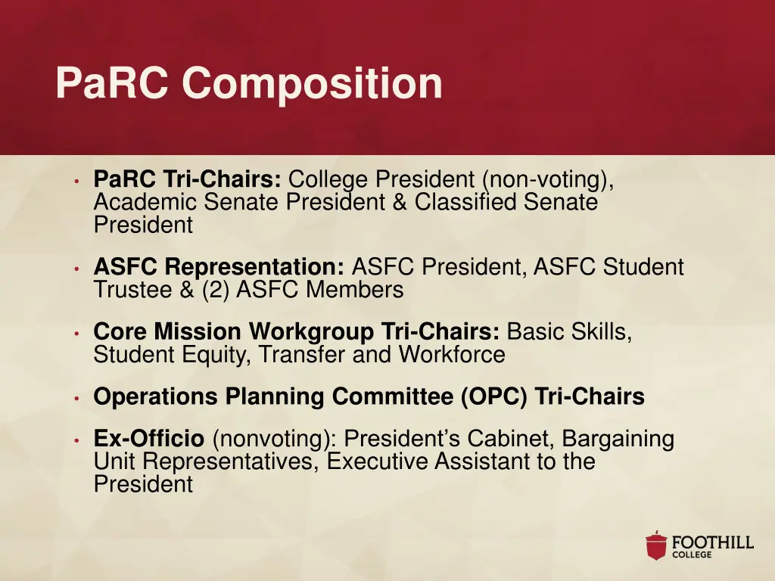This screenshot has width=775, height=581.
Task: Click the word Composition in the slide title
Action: coord(312,83)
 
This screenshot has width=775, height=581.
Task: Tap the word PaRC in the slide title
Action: coord(113,83)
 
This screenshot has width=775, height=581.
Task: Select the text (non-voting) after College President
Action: coord(546,180)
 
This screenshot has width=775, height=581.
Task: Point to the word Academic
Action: coord(142,203)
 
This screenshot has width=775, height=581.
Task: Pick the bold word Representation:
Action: coord(255,267)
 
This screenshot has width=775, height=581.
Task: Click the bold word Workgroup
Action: coord(311,332)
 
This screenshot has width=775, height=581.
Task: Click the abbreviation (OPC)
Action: coord(494,397)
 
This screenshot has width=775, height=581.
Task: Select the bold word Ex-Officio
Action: coord(149,439)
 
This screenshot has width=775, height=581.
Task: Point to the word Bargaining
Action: coord(618,439)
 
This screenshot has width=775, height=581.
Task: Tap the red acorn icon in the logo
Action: coord(656,546)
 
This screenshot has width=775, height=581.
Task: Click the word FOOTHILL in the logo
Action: coord(713,542)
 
